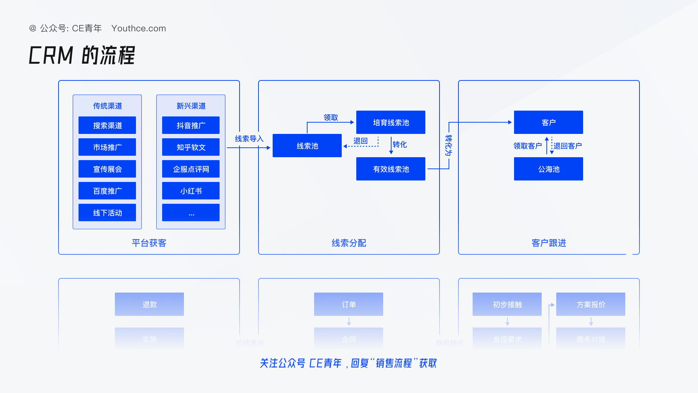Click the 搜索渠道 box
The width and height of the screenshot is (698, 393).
tap(107, 125)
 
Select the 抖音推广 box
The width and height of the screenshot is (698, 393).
tap(191, 125)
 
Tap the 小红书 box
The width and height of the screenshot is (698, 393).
tap(191, 191)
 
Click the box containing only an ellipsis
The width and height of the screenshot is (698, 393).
tap(191, 213)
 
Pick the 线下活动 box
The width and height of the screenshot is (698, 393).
tap(107, 213)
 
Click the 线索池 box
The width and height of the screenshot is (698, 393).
tap(307, 146)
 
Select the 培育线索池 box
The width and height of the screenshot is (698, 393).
tap(391, 122)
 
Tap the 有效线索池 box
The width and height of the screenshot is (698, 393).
tap(391, 169)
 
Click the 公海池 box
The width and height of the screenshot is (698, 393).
tap(549, 169)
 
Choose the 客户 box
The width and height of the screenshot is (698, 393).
tap(549, 122)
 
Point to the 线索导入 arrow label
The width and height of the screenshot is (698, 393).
tap(249, 139)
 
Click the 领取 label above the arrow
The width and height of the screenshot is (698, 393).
tap(331, 117)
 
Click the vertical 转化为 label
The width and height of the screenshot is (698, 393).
tap(449, 145)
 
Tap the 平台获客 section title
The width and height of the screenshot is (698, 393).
tap(149, 243)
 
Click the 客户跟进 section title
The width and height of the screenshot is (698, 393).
tap(549, 243)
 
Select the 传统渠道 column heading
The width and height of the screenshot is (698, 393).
tap(107, 106)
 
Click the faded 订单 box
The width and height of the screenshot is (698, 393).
tap(349, 304)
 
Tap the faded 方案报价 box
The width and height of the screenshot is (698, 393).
tap(591, 304)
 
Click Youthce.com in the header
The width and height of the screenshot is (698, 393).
tap(139, 28)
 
